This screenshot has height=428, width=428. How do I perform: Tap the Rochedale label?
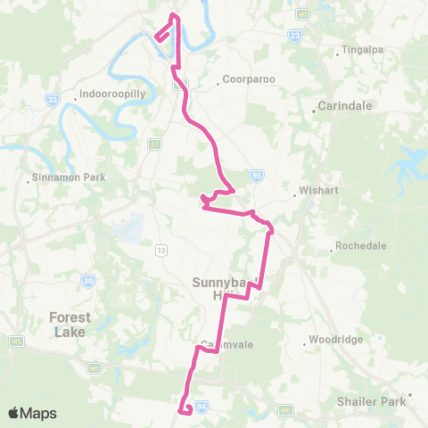360,246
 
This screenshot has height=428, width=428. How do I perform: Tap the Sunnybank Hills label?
223,289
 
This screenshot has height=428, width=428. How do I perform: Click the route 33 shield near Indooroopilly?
53,100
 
